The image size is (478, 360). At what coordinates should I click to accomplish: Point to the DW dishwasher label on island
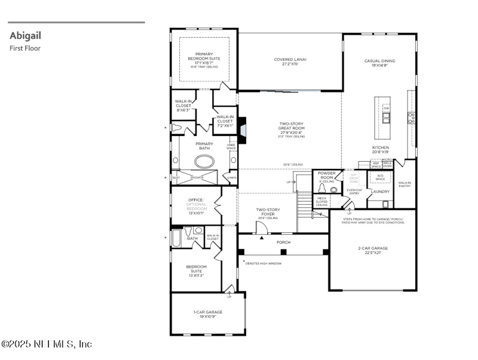coord(386,108)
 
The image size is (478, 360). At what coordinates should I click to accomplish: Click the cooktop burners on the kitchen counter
coord(411,118)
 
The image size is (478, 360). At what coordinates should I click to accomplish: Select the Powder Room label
coord(327,176)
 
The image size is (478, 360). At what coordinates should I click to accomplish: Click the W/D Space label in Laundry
coord(380,177)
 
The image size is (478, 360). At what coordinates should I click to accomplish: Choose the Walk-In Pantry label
coord(405,185)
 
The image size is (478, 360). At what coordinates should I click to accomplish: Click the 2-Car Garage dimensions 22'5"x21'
coord(373,252)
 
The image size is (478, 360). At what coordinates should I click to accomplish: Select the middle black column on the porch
coord(283,251)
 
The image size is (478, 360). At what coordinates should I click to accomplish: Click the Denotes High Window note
coord(263,263)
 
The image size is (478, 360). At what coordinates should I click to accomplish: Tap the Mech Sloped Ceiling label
coord(321,201)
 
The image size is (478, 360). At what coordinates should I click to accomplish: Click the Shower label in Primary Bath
coord(197,177)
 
